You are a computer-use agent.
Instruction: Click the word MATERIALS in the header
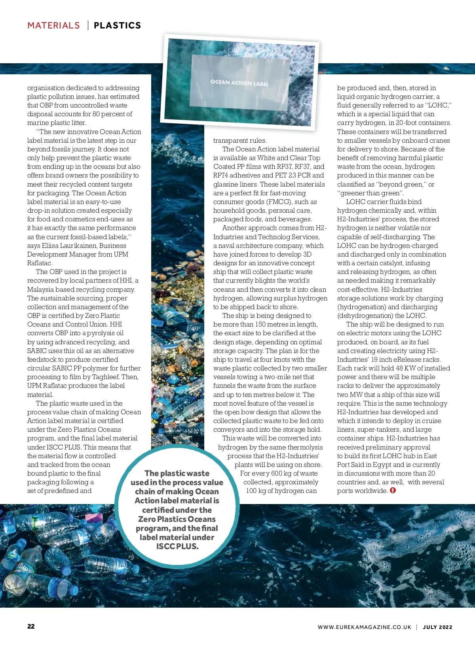click(53, 26)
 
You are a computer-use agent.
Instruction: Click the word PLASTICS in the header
click(117, 26)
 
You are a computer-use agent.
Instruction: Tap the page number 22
click(31, 626)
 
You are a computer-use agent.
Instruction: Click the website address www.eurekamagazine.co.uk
click(364, 627)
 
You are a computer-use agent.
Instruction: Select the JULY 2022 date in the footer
click(437, 627)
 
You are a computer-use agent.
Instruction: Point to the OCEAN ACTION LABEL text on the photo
click(239, 83)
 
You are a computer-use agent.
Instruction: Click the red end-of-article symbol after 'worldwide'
click(393, 490)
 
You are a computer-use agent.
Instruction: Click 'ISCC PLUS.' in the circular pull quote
click(177, 546)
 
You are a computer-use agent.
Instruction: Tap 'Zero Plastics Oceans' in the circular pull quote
click(177, 519)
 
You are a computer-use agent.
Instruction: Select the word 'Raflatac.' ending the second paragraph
click(40, 263)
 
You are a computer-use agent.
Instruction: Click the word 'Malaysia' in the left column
click(40, 289)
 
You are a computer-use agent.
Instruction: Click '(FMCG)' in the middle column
click(279, 202)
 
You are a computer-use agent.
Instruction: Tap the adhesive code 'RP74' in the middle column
click(222, 175)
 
